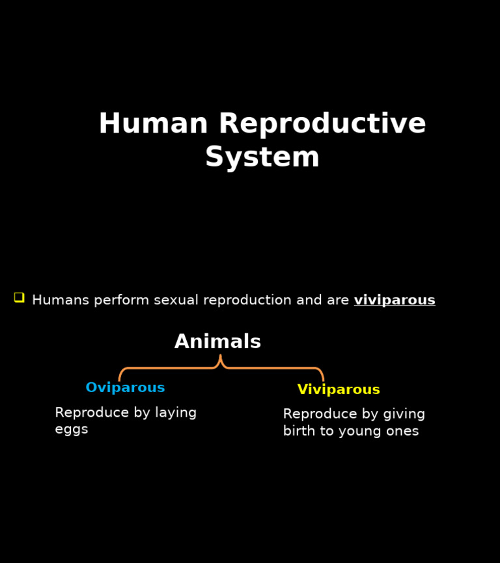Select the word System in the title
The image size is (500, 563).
point(262,157)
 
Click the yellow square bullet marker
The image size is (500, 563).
point(19,297)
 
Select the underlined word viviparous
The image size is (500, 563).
point(395,300)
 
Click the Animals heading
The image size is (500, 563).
point(217,342)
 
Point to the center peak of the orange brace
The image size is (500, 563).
point(220,357)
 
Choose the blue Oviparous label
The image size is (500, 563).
point(125,388)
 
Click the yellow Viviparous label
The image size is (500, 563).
point(339,390)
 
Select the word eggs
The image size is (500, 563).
point(72,430)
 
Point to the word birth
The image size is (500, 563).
point(301,431)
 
